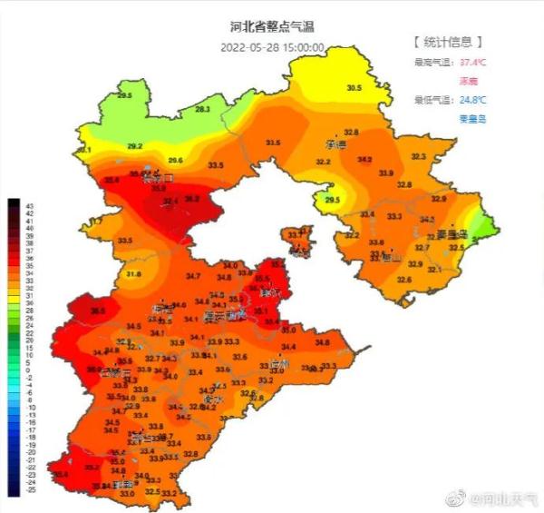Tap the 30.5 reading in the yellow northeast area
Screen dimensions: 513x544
tap(354, 88)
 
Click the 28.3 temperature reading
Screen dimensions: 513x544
tap(202, 109)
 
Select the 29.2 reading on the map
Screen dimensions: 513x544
tap(135, 146)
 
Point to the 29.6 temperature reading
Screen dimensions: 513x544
tap(176, 161)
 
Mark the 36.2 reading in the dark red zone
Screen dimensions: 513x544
tap(192, 198)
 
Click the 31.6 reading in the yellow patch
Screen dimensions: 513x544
tap(133, 273)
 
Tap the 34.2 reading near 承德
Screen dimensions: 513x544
tap(365, 160)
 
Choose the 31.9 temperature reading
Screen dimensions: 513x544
tap(386, 173)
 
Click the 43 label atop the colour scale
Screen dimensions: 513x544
tap(14, 205)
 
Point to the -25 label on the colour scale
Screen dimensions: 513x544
tap(14, 490)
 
